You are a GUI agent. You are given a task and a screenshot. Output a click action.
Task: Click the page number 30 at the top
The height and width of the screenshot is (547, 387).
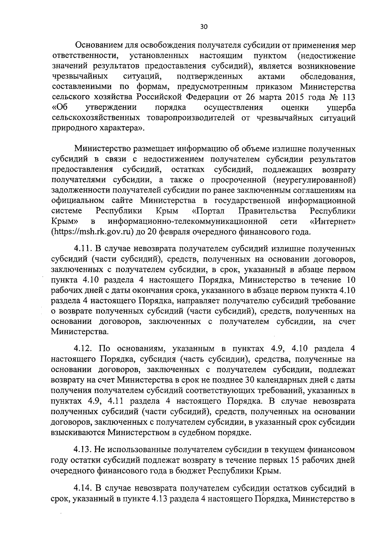pyautogui.click(x=204, y=27)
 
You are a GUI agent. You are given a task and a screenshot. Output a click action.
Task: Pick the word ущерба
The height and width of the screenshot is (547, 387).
pyautogui.click(x=341, y=108)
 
